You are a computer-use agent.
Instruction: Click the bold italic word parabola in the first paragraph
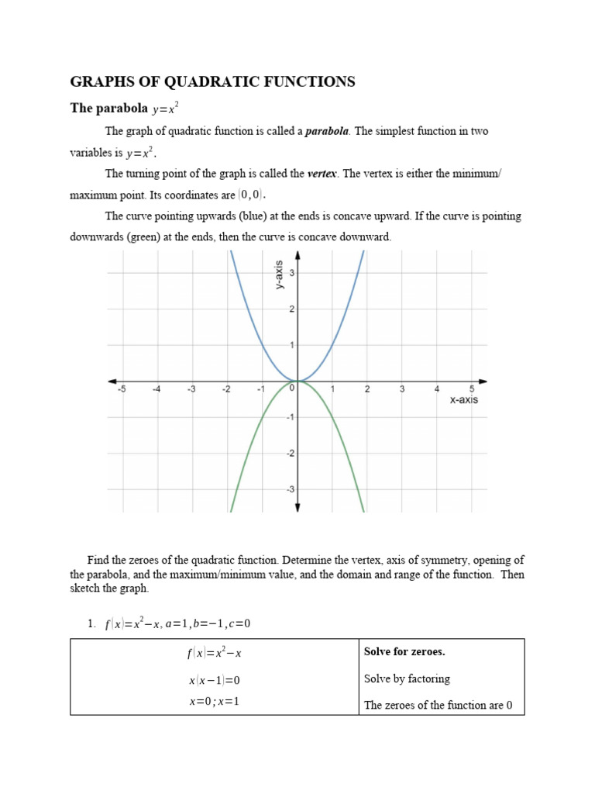(x=327, y=131)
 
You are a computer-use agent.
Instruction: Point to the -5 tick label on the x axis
(x=122, y=390)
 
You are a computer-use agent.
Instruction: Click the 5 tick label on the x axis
(x=472, y=389)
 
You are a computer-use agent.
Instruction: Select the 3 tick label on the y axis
(x=291, y=273)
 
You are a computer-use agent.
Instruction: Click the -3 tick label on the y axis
(x=291, y=489)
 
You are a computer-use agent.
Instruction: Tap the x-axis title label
(x=464, y=400)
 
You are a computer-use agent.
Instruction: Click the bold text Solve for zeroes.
(x=404, y=651)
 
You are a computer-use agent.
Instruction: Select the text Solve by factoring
(x=407, y=678)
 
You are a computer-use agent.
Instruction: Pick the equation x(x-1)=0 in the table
(x=215, y=680)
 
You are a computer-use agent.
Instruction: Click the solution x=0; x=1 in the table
(x=215, y=702)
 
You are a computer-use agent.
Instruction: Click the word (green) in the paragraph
(x=149, y=236)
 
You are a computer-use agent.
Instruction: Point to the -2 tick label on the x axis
(x=226, y=390)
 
